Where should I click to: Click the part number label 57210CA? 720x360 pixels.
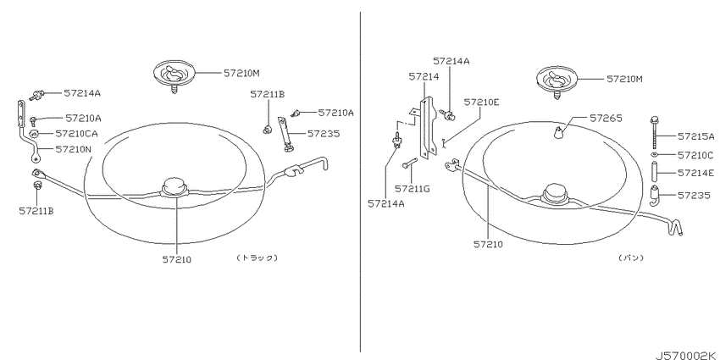(x=76, y=134)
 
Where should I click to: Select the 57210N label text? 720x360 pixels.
(x=74, y=149)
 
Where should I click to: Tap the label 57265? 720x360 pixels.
(x=606, y=119)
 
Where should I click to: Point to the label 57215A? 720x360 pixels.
(x=696, y=136)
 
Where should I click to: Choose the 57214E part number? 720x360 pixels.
(x=695, y=173)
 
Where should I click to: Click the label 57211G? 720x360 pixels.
(x=413, y=188)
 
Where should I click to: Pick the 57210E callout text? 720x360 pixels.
(x=481, y=102)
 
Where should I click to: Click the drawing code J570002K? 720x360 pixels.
(x=687, y=356)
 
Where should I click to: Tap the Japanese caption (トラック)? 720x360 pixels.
(x=258, y=258)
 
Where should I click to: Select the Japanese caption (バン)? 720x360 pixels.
(x=631, y=258)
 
